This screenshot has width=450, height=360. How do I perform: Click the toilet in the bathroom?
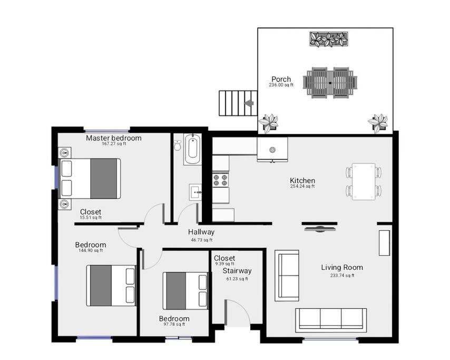click(x=178, y=145)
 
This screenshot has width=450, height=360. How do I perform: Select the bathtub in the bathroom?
click(x=192, y=149)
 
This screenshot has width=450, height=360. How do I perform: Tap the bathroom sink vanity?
click(x=195, y=192)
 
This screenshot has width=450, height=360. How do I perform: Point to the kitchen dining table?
click(x=364, y=181)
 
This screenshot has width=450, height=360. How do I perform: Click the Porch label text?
click(x=281, y=79)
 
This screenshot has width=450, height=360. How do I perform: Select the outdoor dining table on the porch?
click(x=330, y=83)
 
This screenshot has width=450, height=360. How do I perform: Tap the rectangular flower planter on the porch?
click(x=329, y=39)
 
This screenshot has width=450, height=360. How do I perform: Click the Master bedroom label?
click(x=114, y=138)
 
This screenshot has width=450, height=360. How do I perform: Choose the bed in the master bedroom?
click(x=90, y=179)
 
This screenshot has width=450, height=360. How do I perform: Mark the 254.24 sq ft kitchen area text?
click(x=302, y=186)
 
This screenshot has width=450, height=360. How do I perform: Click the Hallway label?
click(x=201, y=232)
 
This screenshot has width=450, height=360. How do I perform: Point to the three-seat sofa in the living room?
click(x=331, y=319)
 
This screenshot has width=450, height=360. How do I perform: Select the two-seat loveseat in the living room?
click(x=287, y=276)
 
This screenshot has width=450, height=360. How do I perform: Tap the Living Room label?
click(x=342, y=268)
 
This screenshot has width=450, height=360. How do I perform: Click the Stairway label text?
click(x=237, y=271)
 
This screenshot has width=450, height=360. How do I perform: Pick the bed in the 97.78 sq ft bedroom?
click(x=185, y=291)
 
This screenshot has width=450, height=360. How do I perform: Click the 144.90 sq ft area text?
click(x=91, y=250)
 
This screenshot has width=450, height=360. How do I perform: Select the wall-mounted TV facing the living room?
click(x=319, y=229)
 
